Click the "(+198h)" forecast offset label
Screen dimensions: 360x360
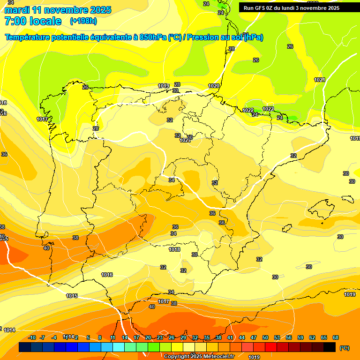[83, 21]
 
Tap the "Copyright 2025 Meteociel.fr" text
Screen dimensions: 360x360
[199, 356]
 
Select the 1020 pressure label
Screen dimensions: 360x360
[214, 86]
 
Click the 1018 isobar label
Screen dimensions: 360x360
[174, 250]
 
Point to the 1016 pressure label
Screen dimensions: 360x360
[107, 275]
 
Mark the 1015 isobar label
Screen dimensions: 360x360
[72, 296]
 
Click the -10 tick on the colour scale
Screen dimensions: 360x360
[32, 337]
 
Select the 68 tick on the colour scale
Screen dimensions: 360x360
[336, 337]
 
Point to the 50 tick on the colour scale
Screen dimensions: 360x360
[265, 337]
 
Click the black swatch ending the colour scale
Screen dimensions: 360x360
[330, 347]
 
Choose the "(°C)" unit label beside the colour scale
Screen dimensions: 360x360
[344, 348]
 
